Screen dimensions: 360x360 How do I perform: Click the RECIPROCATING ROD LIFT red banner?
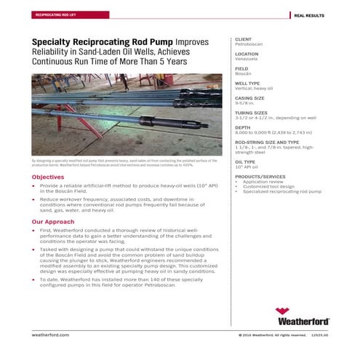click(x=55, y=15)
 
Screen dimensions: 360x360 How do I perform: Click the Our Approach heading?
click(x=53, y=222)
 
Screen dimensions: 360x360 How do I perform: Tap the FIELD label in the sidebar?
click(x=241, y=68)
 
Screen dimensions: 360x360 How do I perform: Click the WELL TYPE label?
click(x=247, y=83)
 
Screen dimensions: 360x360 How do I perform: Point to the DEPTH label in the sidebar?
click(x=242, y=127)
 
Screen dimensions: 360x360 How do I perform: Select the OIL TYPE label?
click(x=245, y=161)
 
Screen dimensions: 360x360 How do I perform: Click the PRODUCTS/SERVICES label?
click(x=257, y=177)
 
